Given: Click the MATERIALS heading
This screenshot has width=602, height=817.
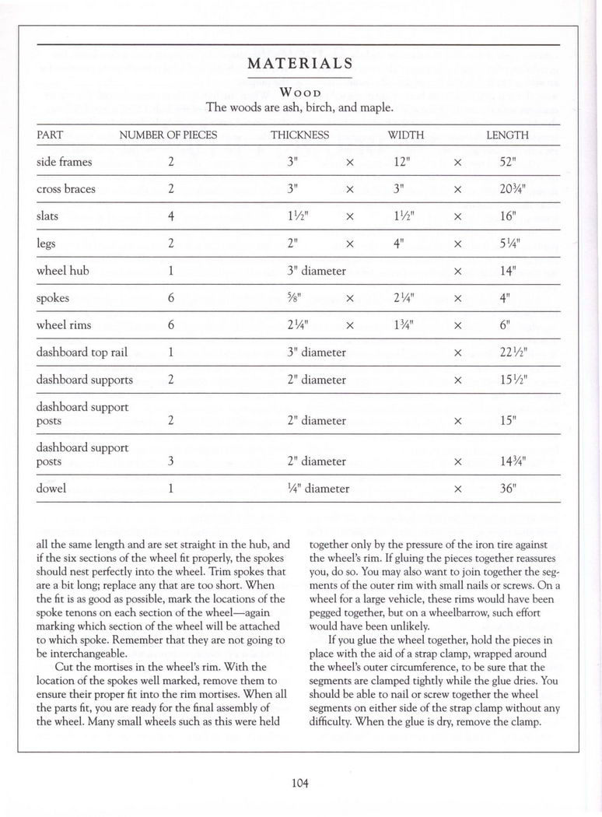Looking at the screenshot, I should (300, 63).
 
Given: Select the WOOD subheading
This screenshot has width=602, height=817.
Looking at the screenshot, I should (299, 92).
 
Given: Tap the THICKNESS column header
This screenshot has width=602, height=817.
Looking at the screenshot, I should (299, 135).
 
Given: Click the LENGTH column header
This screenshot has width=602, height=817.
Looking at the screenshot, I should (507, 135).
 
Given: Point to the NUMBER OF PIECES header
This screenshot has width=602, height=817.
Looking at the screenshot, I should (168, 135).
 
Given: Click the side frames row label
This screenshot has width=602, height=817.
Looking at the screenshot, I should (65, 162).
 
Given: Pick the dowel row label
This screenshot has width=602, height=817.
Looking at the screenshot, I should (51, 489).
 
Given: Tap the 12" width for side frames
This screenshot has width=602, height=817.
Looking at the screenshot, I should (401, 162).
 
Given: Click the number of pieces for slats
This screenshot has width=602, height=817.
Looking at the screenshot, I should (170, 216).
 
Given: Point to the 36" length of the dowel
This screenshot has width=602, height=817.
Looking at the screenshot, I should (509, 489).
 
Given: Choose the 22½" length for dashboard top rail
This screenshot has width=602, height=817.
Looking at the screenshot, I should (515, 352).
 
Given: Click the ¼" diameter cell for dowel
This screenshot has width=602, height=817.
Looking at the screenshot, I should (317, 489).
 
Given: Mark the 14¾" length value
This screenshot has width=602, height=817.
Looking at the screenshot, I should (515, 461).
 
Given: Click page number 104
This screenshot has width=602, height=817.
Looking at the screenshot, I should (301, 783).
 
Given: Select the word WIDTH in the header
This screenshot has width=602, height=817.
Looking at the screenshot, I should (406, 135).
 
